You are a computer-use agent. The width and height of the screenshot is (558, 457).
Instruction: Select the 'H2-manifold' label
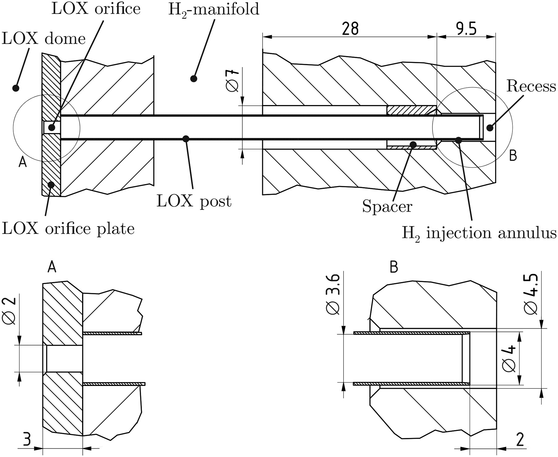pyautogui.click(x=214, y=10)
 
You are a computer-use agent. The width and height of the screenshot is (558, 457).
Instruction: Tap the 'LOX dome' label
pyautogui.click(x=44, y=39)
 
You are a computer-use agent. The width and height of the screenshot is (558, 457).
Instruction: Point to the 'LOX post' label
pyautogui.click(x=194, y=202)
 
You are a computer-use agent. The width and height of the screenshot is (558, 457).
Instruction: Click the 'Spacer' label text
pyautogui.click(x=387, y=206)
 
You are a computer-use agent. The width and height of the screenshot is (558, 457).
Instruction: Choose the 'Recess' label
pyautogui.click(x=531, y=86)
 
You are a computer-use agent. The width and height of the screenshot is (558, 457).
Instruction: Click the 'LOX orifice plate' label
pyautogui.click(x=68, y=229)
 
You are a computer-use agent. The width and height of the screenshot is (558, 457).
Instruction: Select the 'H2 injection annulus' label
pyautogui.click(x=479, y=233)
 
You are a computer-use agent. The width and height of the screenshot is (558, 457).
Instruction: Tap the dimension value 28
pyautogui.click(x=350, y=29)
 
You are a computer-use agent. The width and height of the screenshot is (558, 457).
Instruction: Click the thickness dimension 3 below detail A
pyautogui.click(x=27, y=439)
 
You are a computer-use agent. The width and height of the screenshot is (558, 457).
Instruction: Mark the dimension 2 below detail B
pyautogui.click(x=520, y=440)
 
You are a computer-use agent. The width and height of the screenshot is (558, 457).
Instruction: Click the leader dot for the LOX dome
pyautogui.click(x=15, y=88)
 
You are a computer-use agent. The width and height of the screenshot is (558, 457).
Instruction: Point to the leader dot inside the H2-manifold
pyautogui.click(x=194, y=78)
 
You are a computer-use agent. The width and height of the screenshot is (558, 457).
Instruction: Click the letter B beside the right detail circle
pyautogui.click(x=513, y=156)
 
